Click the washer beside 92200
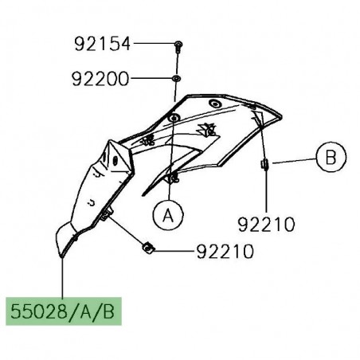[x=175, y=79]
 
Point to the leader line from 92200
[x=151, y=79]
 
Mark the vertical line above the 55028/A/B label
[x=62, y=275]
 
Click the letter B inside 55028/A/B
[x=108, y=309]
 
